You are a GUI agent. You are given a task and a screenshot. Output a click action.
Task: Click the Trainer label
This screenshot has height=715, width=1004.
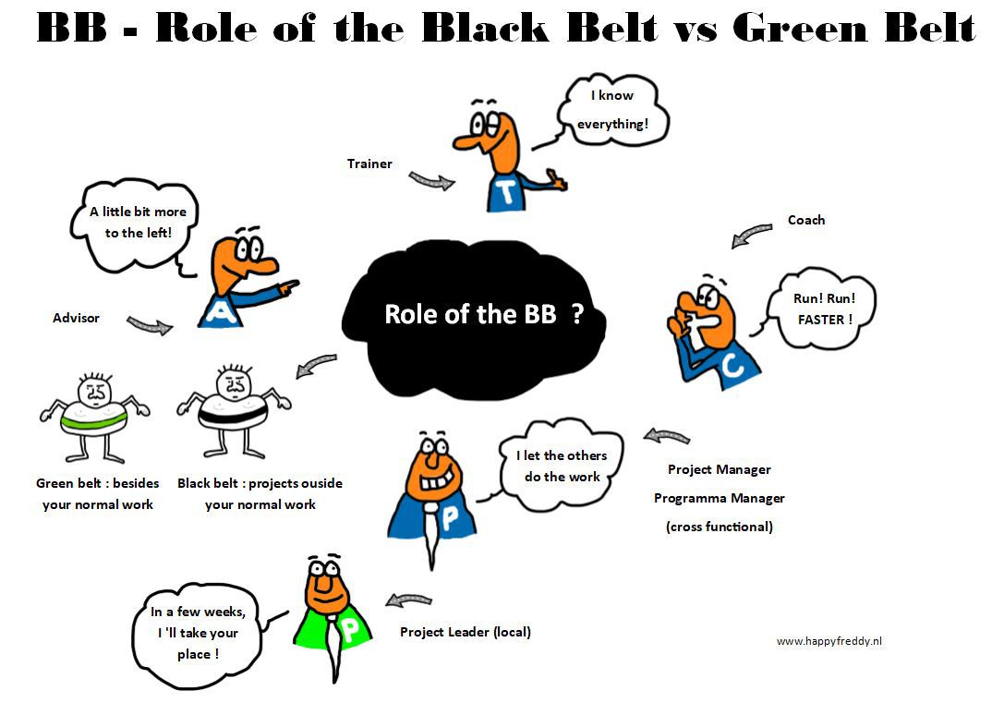click(x=369, y=164)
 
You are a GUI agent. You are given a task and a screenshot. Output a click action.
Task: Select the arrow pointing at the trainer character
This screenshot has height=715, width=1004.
click(x=432, y=181)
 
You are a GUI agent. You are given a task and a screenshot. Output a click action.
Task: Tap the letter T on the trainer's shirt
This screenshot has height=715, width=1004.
click(x=507, y=191)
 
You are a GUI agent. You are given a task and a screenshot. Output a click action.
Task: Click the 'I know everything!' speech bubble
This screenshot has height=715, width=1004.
click(x=612, y=110)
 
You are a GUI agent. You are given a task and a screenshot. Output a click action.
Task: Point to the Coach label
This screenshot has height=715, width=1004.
click(x=806, y=221)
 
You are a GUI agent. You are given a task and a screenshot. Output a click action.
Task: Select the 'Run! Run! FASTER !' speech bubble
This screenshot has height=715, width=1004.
click(x=824, y=309)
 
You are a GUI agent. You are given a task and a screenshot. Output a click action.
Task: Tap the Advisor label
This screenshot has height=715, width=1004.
click(x=76, y=319)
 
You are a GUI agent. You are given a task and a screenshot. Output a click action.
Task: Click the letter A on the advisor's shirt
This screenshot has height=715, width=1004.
click(x=221, y=311)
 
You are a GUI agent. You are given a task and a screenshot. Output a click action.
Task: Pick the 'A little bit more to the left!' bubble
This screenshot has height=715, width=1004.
click(x=137, y=224)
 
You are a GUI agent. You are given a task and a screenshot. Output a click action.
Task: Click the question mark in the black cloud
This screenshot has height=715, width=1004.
click(x=577, y=315)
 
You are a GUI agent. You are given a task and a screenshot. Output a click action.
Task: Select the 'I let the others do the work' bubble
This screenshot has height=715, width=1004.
click(x=562, y=466)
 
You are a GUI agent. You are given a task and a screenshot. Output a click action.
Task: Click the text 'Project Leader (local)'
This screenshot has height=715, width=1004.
click(x=466, y=633)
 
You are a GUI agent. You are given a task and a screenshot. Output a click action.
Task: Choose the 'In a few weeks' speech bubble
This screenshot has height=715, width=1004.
click(x=198, y=635)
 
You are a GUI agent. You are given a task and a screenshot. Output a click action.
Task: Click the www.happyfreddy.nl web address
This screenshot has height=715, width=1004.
click(x=829, y=641)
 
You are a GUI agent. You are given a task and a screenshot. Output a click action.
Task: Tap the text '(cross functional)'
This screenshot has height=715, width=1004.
click(x=720, y=527)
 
